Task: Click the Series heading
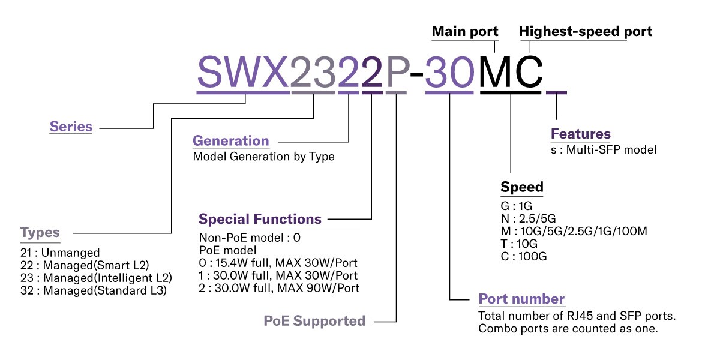point(71,127)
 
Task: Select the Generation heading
point(230,141)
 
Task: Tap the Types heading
point(40,233)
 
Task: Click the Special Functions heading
point(260,219)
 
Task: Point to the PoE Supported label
point(314,321)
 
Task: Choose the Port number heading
point(521,299)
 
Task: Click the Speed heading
point(521,187)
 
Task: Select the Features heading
point(580,134)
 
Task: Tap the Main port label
point(464,31)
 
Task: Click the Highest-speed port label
point(585,31)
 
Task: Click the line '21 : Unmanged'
point(60,253)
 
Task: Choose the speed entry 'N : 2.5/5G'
point(530,218)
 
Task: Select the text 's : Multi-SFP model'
point(604,149)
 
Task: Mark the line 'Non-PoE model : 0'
point(250,238)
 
